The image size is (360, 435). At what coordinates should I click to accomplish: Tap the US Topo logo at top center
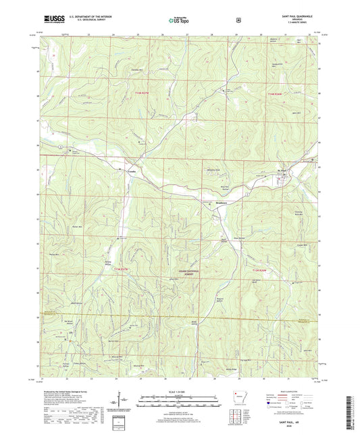tap(179, 20)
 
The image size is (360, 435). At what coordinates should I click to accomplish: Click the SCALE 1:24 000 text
tap(179, 392)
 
